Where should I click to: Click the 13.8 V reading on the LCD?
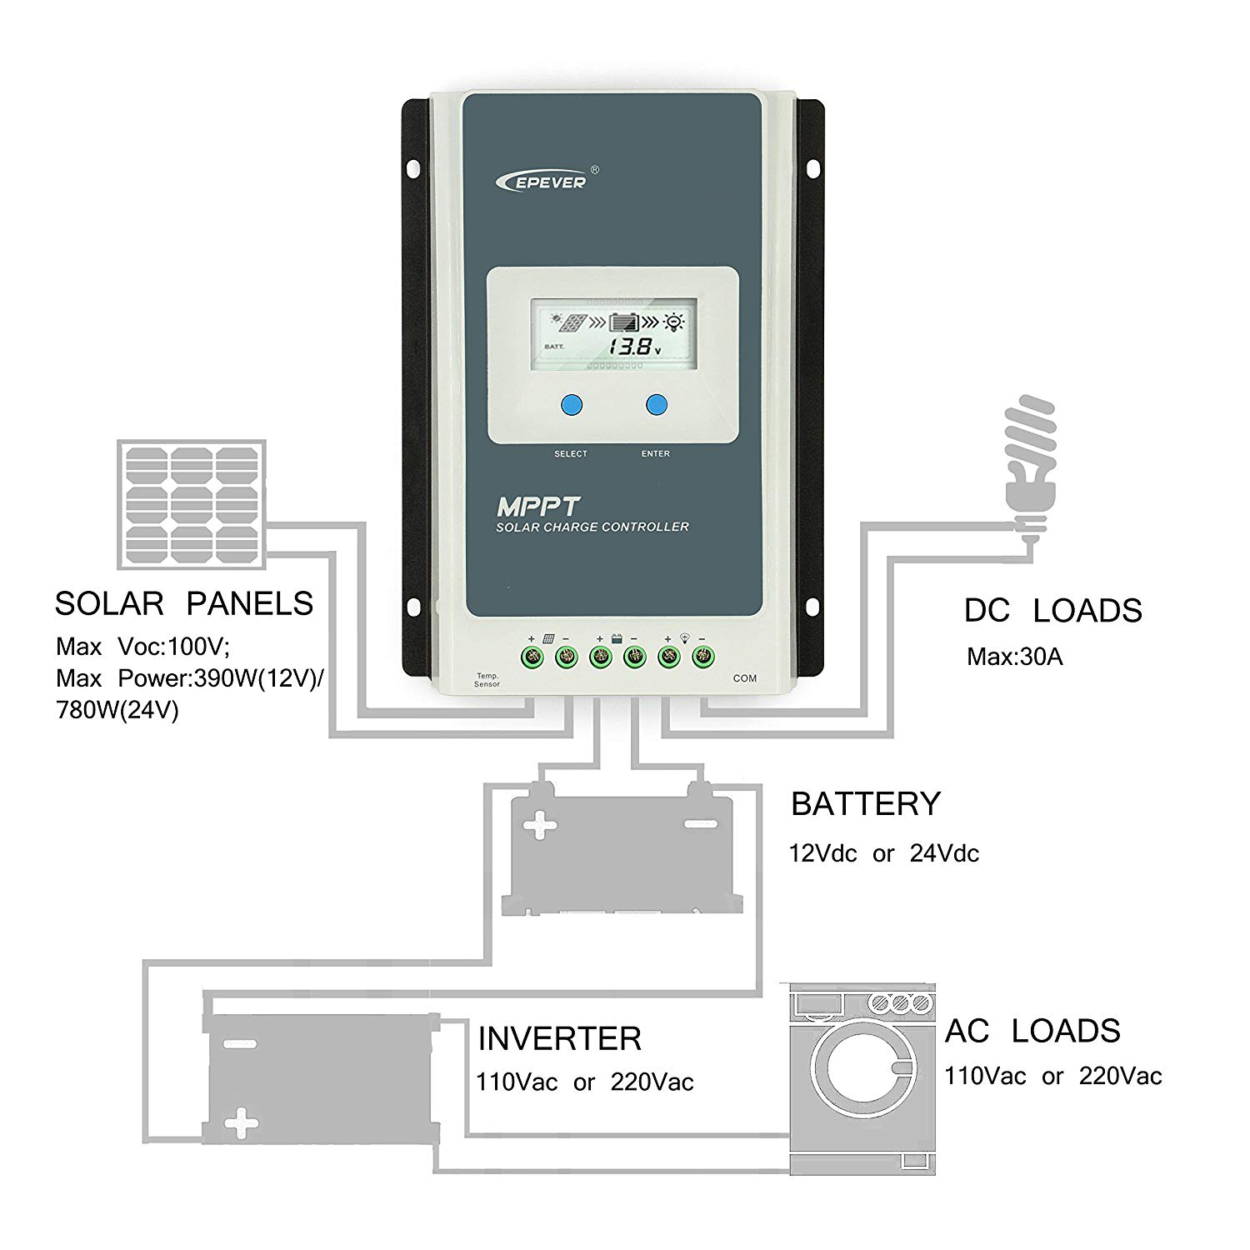pyautogui.click(x=631, y=347)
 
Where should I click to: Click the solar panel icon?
pyautogui.click(x=193, y=505)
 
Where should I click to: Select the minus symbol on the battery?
pyautogui.click(x=699, y=824)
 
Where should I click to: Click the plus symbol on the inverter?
pyautogui.click(x=241, y=1122)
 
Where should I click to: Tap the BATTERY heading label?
pyautogui.click(x=865, y=803)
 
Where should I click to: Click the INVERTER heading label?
pyautogui.click(x=559, y=1038)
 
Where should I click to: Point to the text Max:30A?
pyautogui.click(x=1014, y=657)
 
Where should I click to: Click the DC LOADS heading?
pyautogui.click(x=1052, y=611)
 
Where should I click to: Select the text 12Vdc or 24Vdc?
pyautogui.click(x=883, y=853)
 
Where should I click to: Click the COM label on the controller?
pyautogui.click(x=744, y=678)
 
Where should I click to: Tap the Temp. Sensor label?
pyautogui.click(x=487, y=680)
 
